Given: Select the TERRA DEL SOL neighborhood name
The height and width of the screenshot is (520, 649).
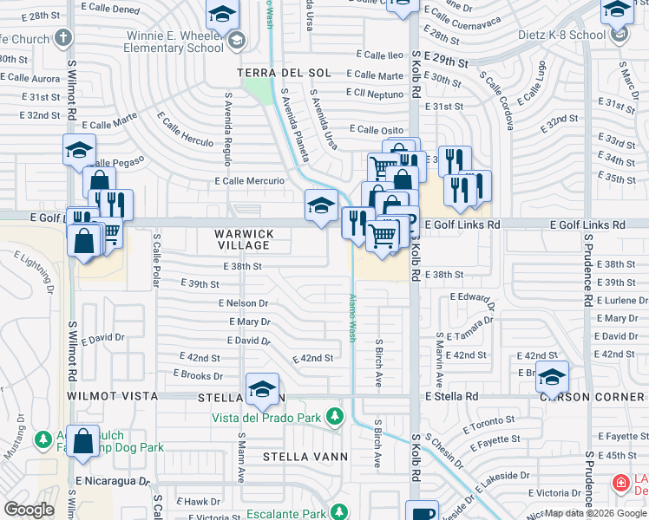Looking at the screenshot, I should coord(283,72).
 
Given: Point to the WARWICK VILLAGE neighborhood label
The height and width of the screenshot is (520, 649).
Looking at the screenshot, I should coord(244,240).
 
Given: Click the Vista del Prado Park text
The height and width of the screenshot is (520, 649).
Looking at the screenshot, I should coord(266,418).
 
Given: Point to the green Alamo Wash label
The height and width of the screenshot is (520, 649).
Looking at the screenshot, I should coord(352,317).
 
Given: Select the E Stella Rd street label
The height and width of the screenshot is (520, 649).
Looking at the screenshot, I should coord(451,396).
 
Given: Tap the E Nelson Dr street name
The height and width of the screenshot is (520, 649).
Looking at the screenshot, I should coord(246,303).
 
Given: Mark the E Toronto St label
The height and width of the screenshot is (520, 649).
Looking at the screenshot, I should coord(490,426).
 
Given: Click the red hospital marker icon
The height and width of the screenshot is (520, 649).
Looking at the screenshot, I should coord(620,483).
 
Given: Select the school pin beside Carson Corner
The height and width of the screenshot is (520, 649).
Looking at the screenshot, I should coord(552,376).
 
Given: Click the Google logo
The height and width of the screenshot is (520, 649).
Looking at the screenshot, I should coord(29,510).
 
